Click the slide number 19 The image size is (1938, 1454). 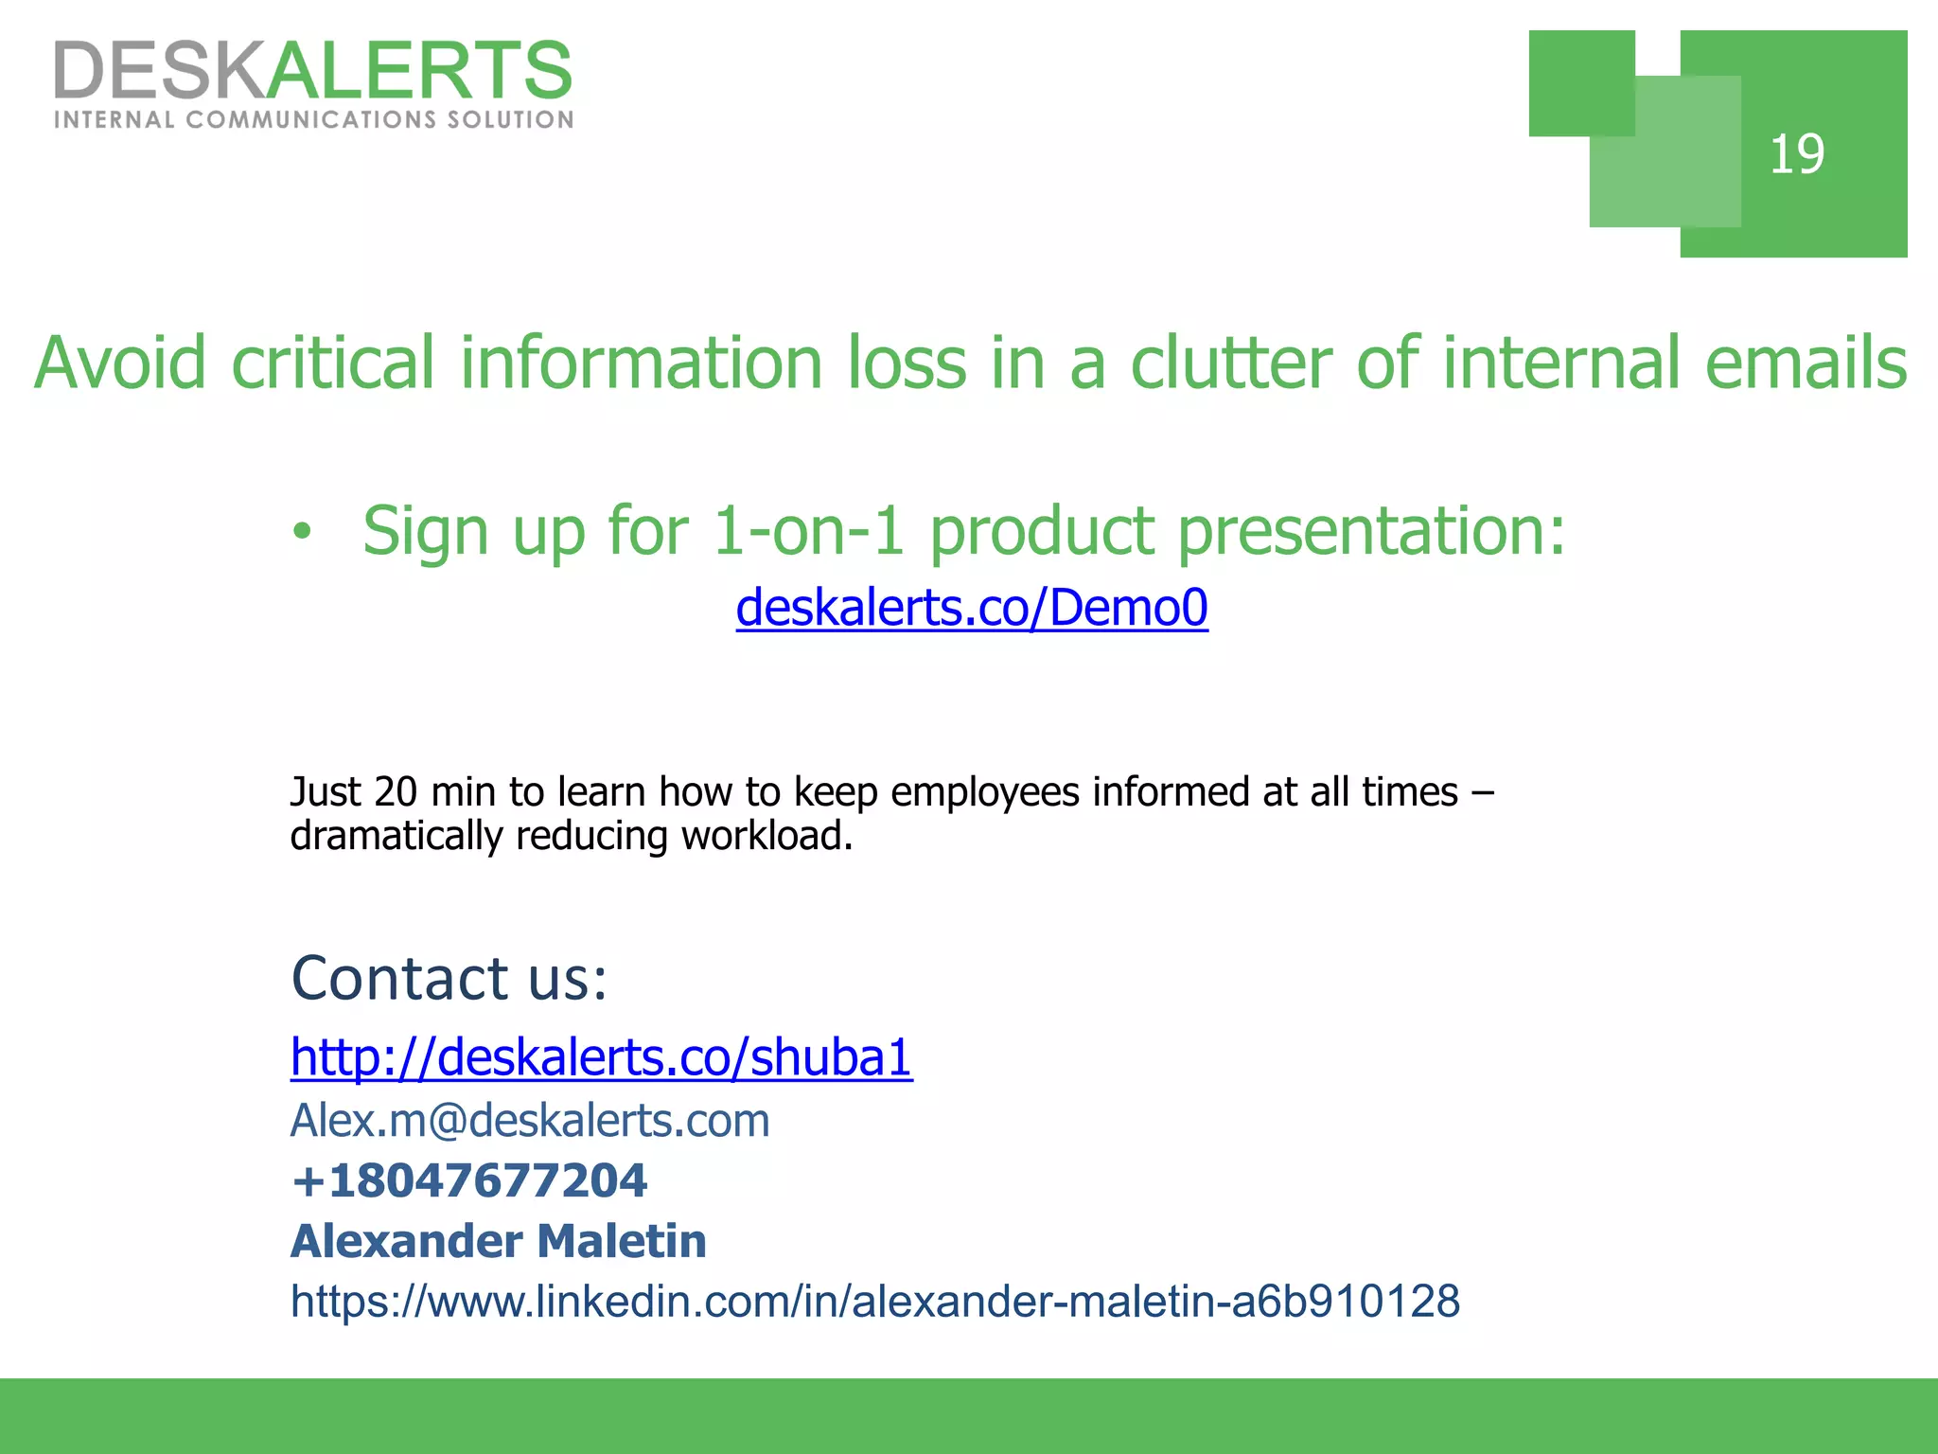pyautogui.click(x=1796, y=154)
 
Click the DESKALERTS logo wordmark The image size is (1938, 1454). pyautogui.click(x=313, y=70)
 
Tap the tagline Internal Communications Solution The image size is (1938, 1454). pyautogui.click(x=313, y=120)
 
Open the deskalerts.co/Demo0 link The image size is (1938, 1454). pyautogui.click(x=972, y=608)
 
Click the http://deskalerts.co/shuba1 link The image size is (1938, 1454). pyautogui.click(x=601, y=1057)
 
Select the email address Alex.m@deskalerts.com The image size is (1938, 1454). pyautogui.click(x=530, y=1121)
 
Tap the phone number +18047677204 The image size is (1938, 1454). pyautogui.click(x=469, y=1180)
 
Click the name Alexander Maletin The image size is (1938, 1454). pyautogui.click(x=499, y=1241)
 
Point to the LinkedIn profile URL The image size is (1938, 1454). pyautogui.click(x=875, y=1302)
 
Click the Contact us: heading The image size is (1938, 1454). pyautogui.click(x=449, y=978)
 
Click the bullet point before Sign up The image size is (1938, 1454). pyautogui.click(x=301, y=532)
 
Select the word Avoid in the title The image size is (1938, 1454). pyautogui.click(x=120, y=363)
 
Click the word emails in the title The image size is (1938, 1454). pyautogui.click(x=1806, y=363)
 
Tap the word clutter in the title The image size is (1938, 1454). pyautogui.click(x=1231, y=363)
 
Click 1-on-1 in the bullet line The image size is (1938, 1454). pyautogui.click(x=808, y=532)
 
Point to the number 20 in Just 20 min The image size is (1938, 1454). pyautogui.click(x=396, y=792)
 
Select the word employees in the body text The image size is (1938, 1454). pyautogui.click(x=984, y=792)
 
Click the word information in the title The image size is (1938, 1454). pyautogui.click(x=642, y=363)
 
